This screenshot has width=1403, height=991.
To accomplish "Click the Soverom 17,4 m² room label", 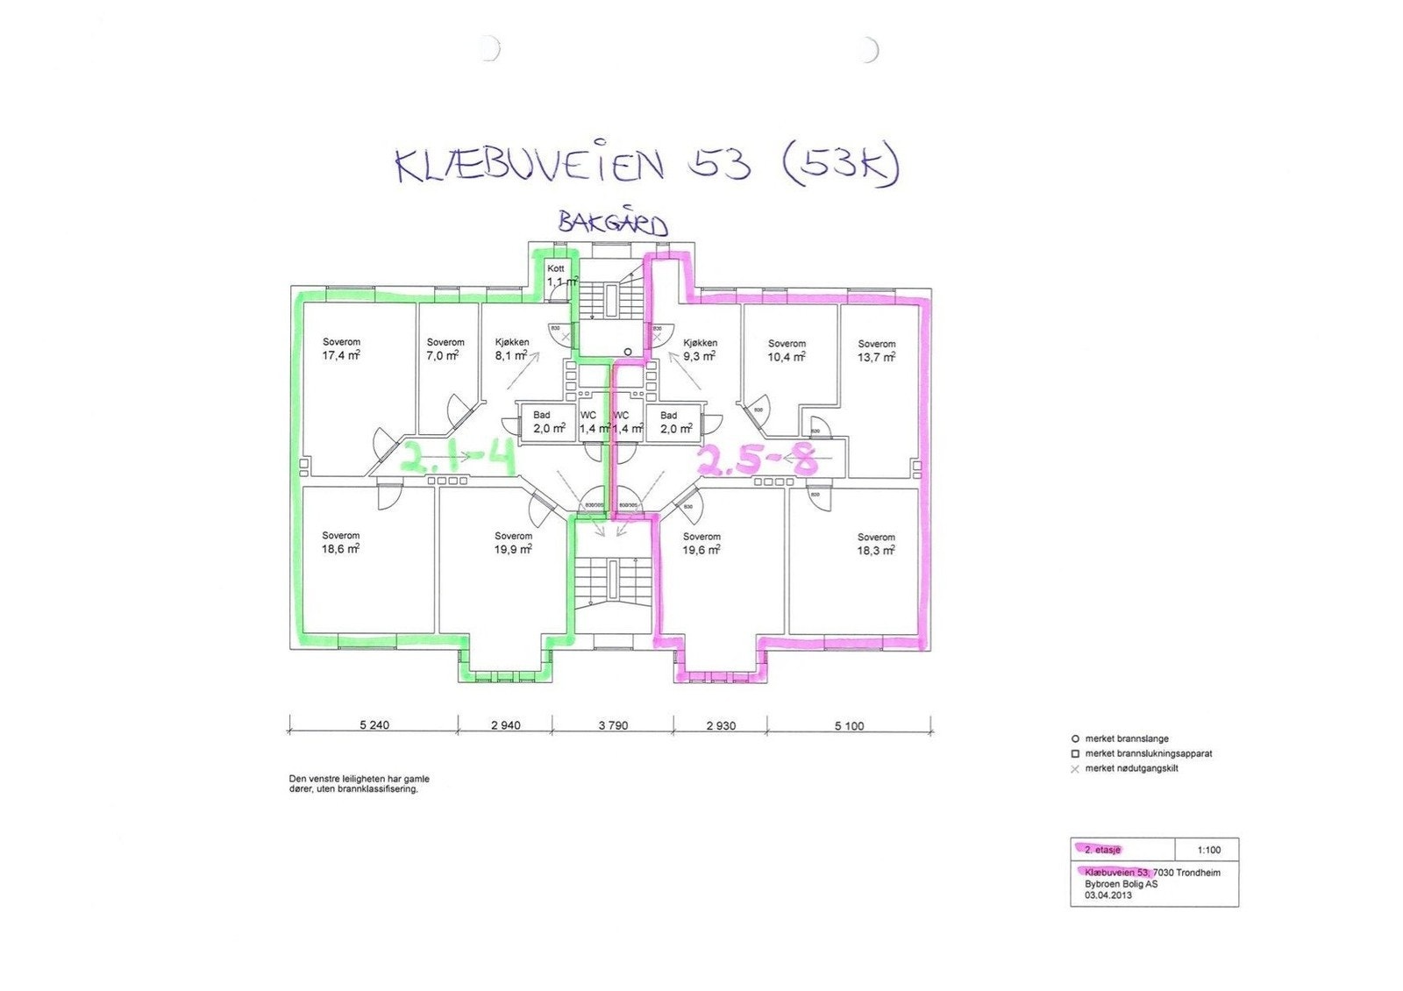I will (x=341, y=349).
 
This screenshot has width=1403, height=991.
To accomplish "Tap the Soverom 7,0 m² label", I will (x=445, y=349).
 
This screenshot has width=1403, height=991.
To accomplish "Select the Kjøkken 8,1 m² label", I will (x=511, y=349).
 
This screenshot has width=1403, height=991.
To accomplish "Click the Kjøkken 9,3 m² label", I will (x=700, y=350).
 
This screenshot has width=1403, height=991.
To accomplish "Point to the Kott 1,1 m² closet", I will (x=559, y=275).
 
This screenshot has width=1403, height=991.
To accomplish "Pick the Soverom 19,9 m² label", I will (x=513, y=543).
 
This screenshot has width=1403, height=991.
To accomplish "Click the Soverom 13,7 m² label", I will (x=876, y=351).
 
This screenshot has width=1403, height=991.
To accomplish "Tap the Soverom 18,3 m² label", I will (x=876, y=544).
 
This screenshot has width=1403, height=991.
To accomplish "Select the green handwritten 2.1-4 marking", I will (x=457, y=458).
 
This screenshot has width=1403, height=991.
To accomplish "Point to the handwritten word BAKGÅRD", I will (x=613, y=223).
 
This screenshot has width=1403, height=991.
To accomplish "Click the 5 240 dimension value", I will (x=374, y=725).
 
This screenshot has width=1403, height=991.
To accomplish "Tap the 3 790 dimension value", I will (x=613, y=725).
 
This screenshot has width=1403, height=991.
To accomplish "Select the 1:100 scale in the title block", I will (x=1208, y=850).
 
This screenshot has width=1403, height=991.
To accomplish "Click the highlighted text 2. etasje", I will (x=1102, y=850).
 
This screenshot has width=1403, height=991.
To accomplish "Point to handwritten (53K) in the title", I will (x=838, y=165).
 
